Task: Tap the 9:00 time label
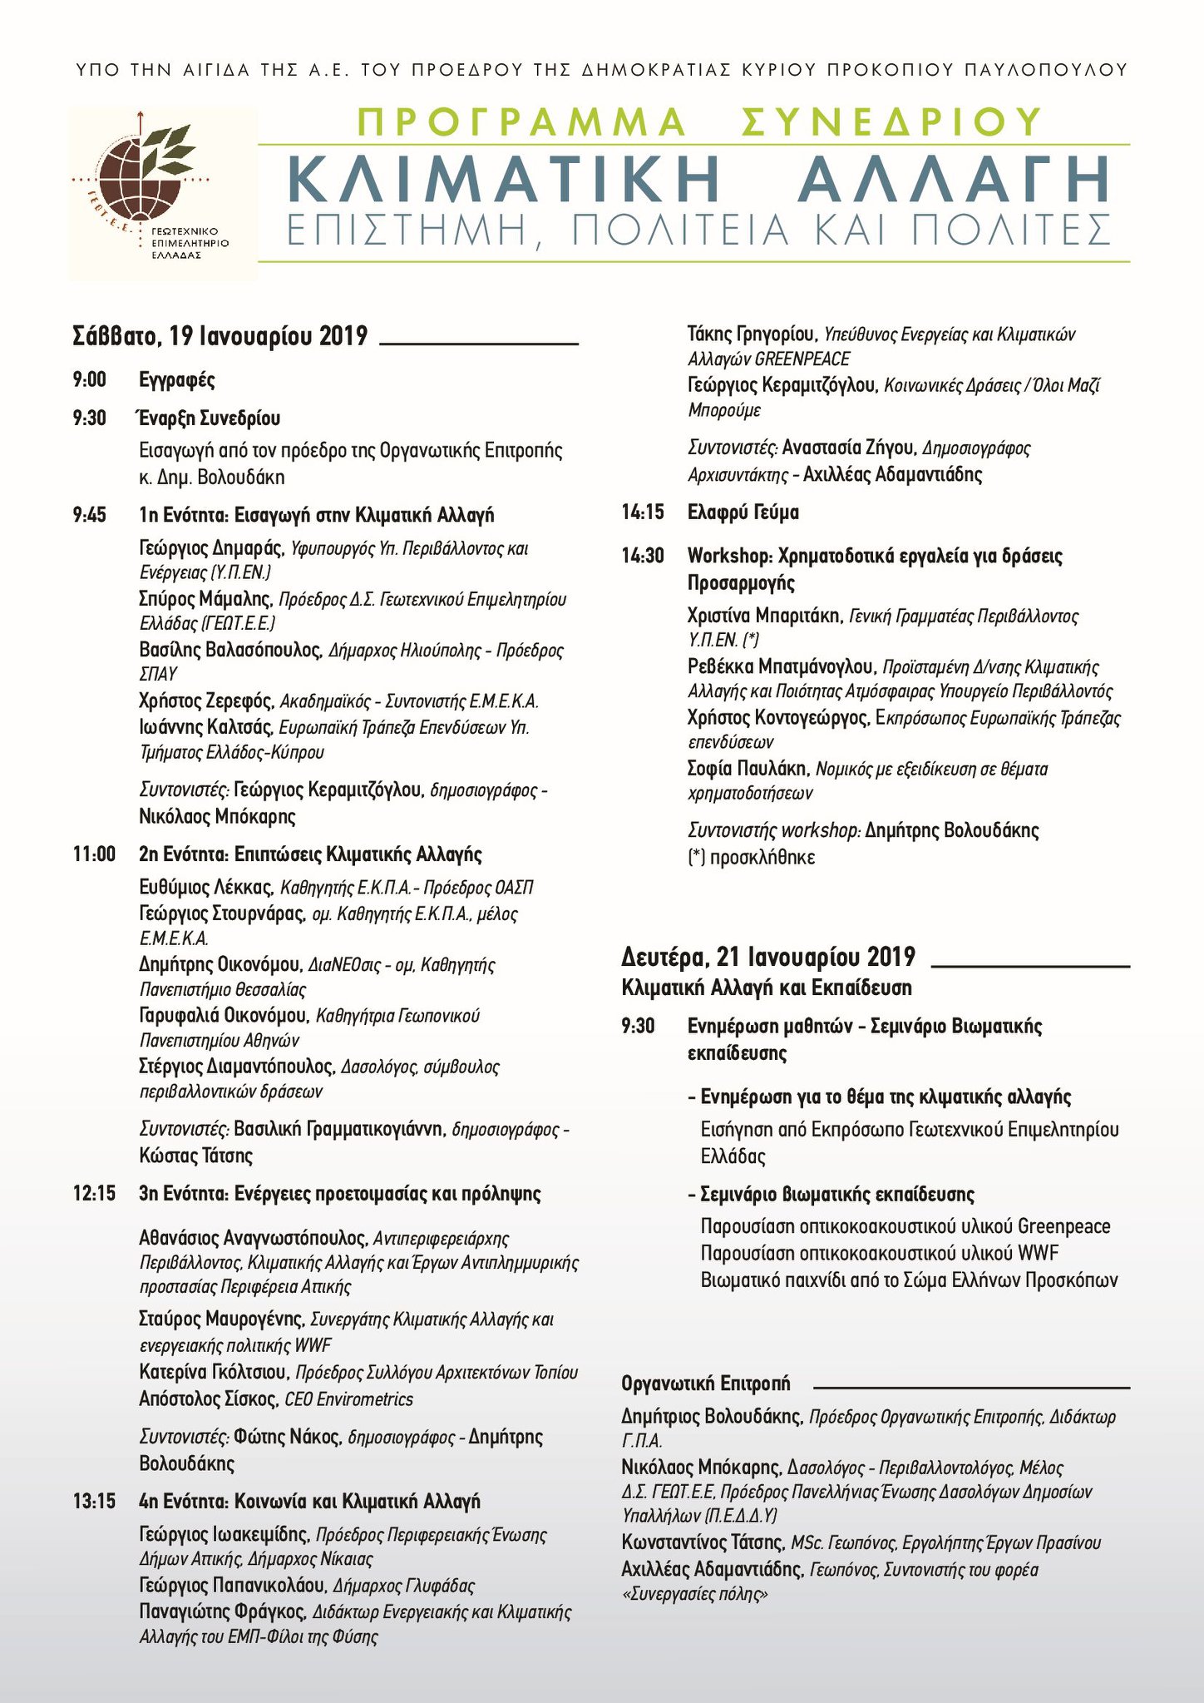[x=89, y=380]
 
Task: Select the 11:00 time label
[x=94, y=854]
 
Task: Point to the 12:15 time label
[x=94, y=1194]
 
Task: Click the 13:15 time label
[x=94, y=1502]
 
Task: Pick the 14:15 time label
[x=643, y=512]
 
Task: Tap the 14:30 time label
[x=643, y=555]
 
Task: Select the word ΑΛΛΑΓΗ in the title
[x=953, y=177]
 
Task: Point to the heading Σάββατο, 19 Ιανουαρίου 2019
[x=220, y=336]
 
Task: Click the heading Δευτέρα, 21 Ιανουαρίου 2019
[x=768, y=957]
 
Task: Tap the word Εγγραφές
[x=177, y=380]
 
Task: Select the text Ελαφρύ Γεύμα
[x=743, y=512]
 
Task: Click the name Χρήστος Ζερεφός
[x=205, y=701]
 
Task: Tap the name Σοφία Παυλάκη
[x=748, y=768]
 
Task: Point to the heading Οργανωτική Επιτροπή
[x=706, y=1383]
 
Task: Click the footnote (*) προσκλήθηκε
[x=752, y=856]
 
